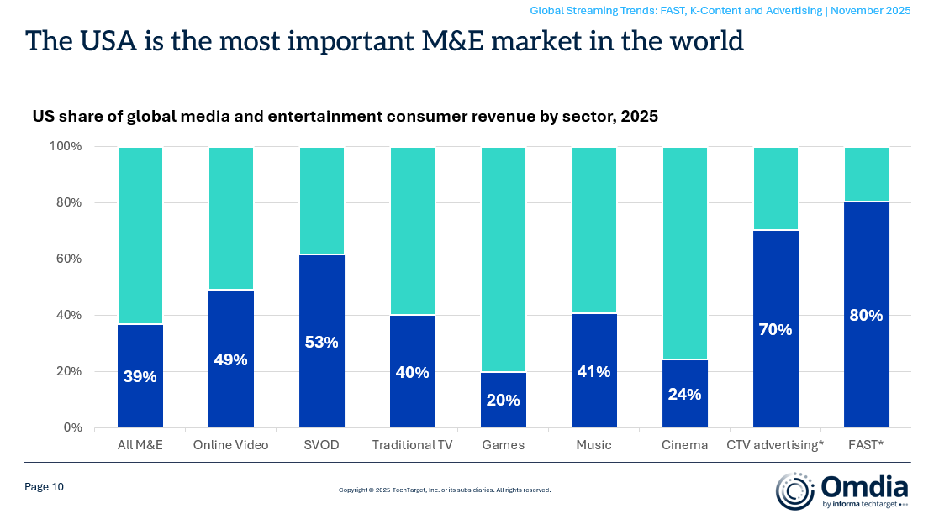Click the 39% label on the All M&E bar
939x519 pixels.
click(x=140, y=377)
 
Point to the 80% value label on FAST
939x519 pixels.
click(x=866, y=316)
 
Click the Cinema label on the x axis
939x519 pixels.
click(x=684, y=445)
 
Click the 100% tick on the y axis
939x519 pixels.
click(x=63, y=146)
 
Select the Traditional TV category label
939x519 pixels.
click(x=412, y=445)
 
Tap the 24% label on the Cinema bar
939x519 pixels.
click(x=684, y=394)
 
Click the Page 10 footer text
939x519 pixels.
click(x=44, y=487)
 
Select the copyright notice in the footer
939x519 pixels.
click(x=444, y=490)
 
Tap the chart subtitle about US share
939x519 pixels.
click(x=345, y=117)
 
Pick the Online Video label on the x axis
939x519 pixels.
click(x=230, y=445)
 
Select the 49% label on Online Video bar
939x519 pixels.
click(x=230, y=360)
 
